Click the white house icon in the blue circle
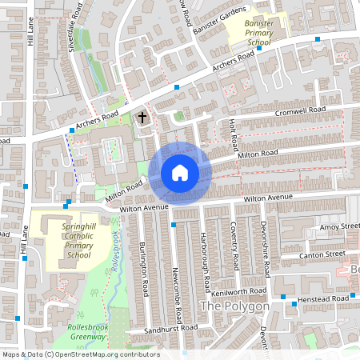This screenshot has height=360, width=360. pyautogui.click(x=179, y=172)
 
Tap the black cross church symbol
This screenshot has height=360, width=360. pyautogui.click(x=143, y=118)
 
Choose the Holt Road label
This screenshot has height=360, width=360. pyautogui.click(x=234, y=132)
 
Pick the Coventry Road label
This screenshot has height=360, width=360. pyautogui.click(x=234, y=245)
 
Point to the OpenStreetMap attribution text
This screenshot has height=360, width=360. pyautogui.click(x=81, y=354)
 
